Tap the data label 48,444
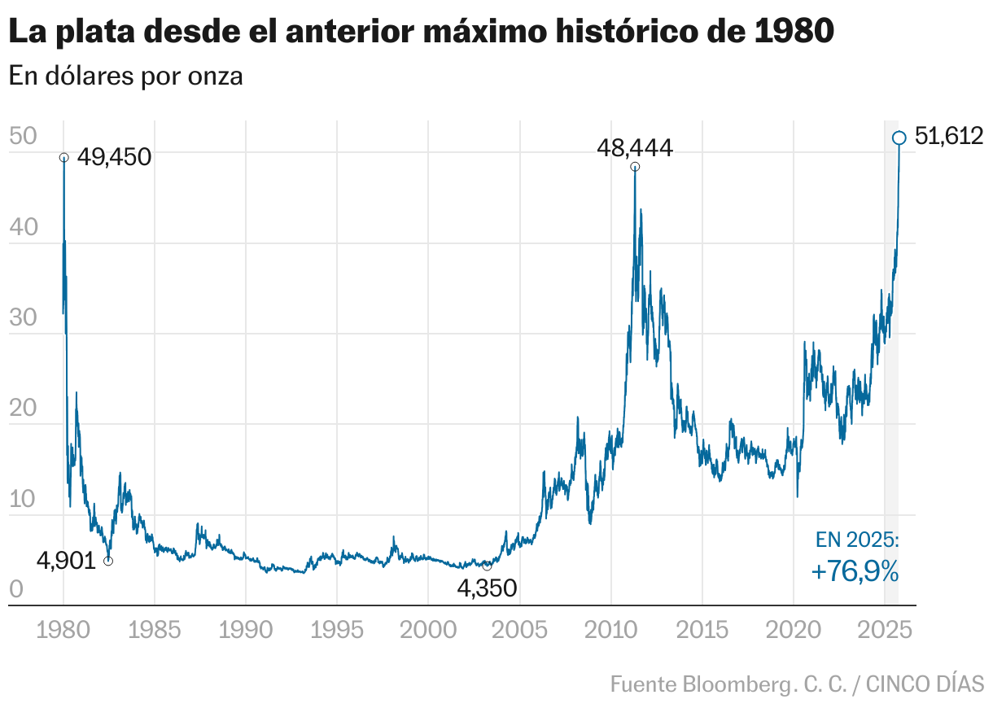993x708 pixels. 634,148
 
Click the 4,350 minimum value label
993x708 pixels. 487,588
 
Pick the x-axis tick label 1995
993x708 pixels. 336,630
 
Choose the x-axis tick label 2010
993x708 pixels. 610,630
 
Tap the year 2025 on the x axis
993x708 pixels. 884,630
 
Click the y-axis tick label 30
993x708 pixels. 23,318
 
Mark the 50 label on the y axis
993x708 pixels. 23,137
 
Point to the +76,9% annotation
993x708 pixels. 855,572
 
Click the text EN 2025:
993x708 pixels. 856,540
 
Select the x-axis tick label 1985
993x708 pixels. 155,630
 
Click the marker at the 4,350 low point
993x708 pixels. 487,566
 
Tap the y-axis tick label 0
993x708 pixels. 15,591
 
